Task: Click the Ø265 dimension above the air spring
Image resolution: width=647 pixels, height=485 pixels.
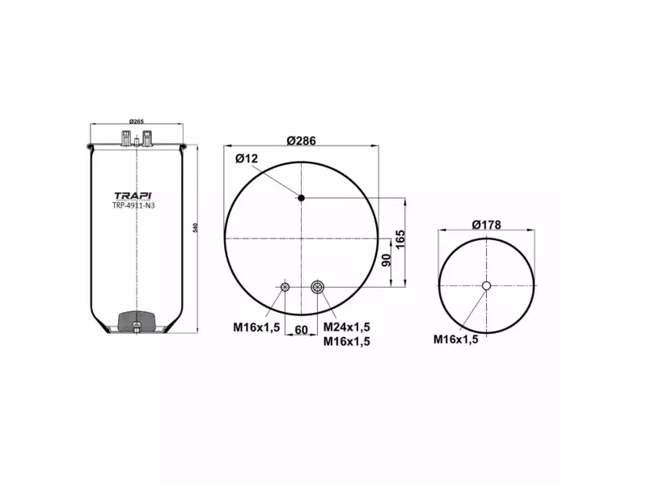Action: point(137,122)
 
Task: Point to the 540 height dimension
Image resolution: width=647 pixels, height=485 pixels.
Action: point(196,229)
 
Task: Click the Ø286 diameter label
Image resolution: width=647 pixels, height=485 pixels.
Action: point(301,140)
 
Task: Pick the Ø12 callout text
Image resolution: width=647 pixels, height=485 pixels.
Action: point(247,158)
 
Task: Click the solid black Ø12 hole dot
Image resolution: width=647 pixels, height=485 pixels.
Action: point(301,198)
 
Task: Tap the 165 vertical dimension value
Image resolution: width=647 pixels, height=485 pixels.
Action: point(400,240)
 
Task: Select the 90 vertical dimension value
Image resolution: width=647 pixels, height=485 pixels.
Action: point(387,260)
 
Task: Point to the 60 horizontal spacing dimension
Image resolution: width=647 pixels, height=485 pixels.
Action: point(301,330)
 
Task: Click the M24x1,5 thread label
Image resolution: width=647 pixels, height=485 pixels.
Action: point(346,327)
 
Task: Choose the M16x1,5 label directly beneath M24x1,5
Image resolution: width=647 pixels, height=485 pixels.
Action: point(346,341)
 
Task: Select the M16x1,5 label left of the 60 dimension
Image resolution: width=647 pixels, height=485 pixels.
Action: point(256,327)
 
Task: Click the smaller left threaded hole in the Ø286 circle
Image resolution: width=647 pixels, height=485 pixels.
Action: point(285,286)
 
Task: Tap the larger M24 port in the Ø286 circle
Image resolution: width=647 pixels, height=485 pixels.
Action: point(318,286)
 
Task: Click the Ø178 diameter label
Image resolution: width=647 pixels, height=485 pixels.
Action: point(486,224)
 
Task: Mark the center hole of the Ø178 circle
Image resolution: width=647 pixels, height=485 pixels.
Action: point(486,285)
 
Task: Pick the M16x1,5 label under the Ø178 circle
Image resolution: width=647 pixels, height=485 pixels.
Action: point(455,339)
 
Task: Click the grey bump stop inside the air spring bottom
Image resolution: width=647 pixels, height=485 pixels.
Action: point(137,321)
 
